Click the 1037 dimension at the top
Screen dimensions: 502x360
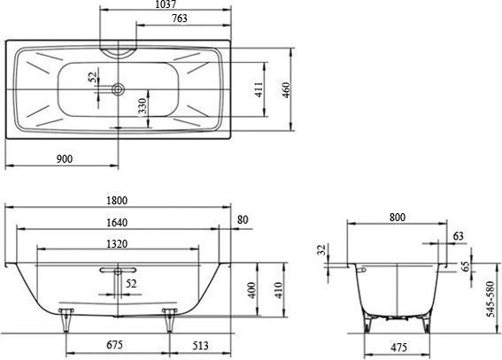tap(166, 4)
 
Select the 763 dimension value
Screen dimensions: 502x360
tap(179, 19)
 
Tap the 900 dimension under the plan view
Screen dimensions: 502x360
tap(65, 158)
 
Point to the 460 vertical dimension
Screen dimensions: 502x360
tap(286, 90)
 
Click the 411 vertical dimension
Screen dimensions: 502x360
tap(259, 89)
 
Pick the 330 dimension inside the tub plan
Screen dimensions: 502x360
tap(143, 106)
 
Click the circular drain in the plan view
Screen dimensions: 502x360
tap(118, 89)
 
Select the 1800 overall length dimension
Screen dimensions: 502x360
tap(117, 201)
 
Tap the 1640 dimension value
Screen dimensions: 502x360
tap(117, 222)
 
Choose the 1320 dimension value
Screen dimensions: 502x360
tap(117, 244)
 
